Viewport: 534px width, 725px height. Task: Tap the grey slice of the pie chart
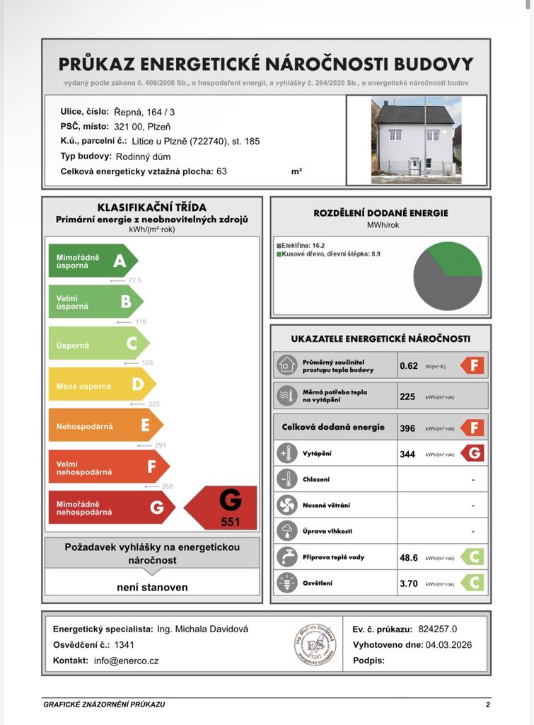pyautogui.click(x=439, y=287)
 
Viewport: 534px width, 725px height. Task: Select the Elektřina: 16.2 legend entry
pyautogui.click(x=301, y=245)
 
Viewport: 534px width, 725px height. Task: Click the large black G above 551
pyautogui.click(x=231, y=500)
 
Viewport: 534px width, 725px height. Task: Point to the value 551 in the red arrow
pyautogui.click(x=231, y=523)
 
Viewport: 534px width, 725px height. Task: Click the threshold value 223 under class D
pyautogui.click(x=153, y=404)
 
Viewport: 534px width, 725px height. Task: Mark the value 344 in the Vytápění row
pyautogui.click(x=407, y=454)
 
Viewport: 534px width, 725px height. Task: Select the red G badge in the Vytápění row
pyautogui.click(x=472, y=453)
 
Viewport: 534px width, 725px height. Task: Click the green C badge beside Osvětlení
pyautogui.click(x=472, y=583)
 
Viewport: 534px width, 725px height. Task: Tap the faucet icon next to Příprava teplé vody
pyautogui.click(x=286, y=556)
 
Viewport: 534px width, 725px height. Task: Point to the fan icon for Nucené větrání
pyautogui.click(x=286, y=505)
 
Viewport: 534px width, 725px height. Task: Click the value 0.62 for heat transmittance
pyautogui.click(x=409, y=366)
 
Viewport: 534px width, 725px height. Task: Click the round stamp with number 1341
pyautogui.click(x=315, y=644)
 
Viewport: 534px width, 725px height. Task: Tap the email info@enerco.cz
pyautogui.click(x=126, y=661)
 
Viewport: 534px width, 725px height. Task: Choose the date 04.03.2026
pyautogui.click(x=448, y=644)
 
